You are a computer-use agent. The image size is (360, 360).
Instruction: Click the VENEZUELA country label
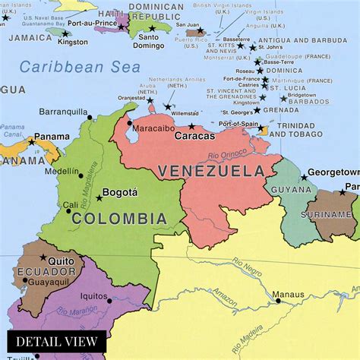214,172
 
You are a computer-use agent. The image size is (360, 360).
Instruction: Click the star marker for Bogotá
99,198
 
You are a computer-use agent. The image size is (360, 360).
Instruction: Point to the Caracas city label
194,137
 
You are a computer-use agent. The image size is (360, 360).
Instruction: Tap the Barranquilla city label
65,111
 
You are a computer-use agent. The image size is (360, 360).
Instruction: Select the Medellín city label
62,172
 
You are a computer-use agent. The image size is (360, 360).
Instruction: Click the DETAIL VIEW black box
56,341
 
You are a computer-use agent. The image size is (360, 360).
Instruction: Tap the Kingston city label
73,42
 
